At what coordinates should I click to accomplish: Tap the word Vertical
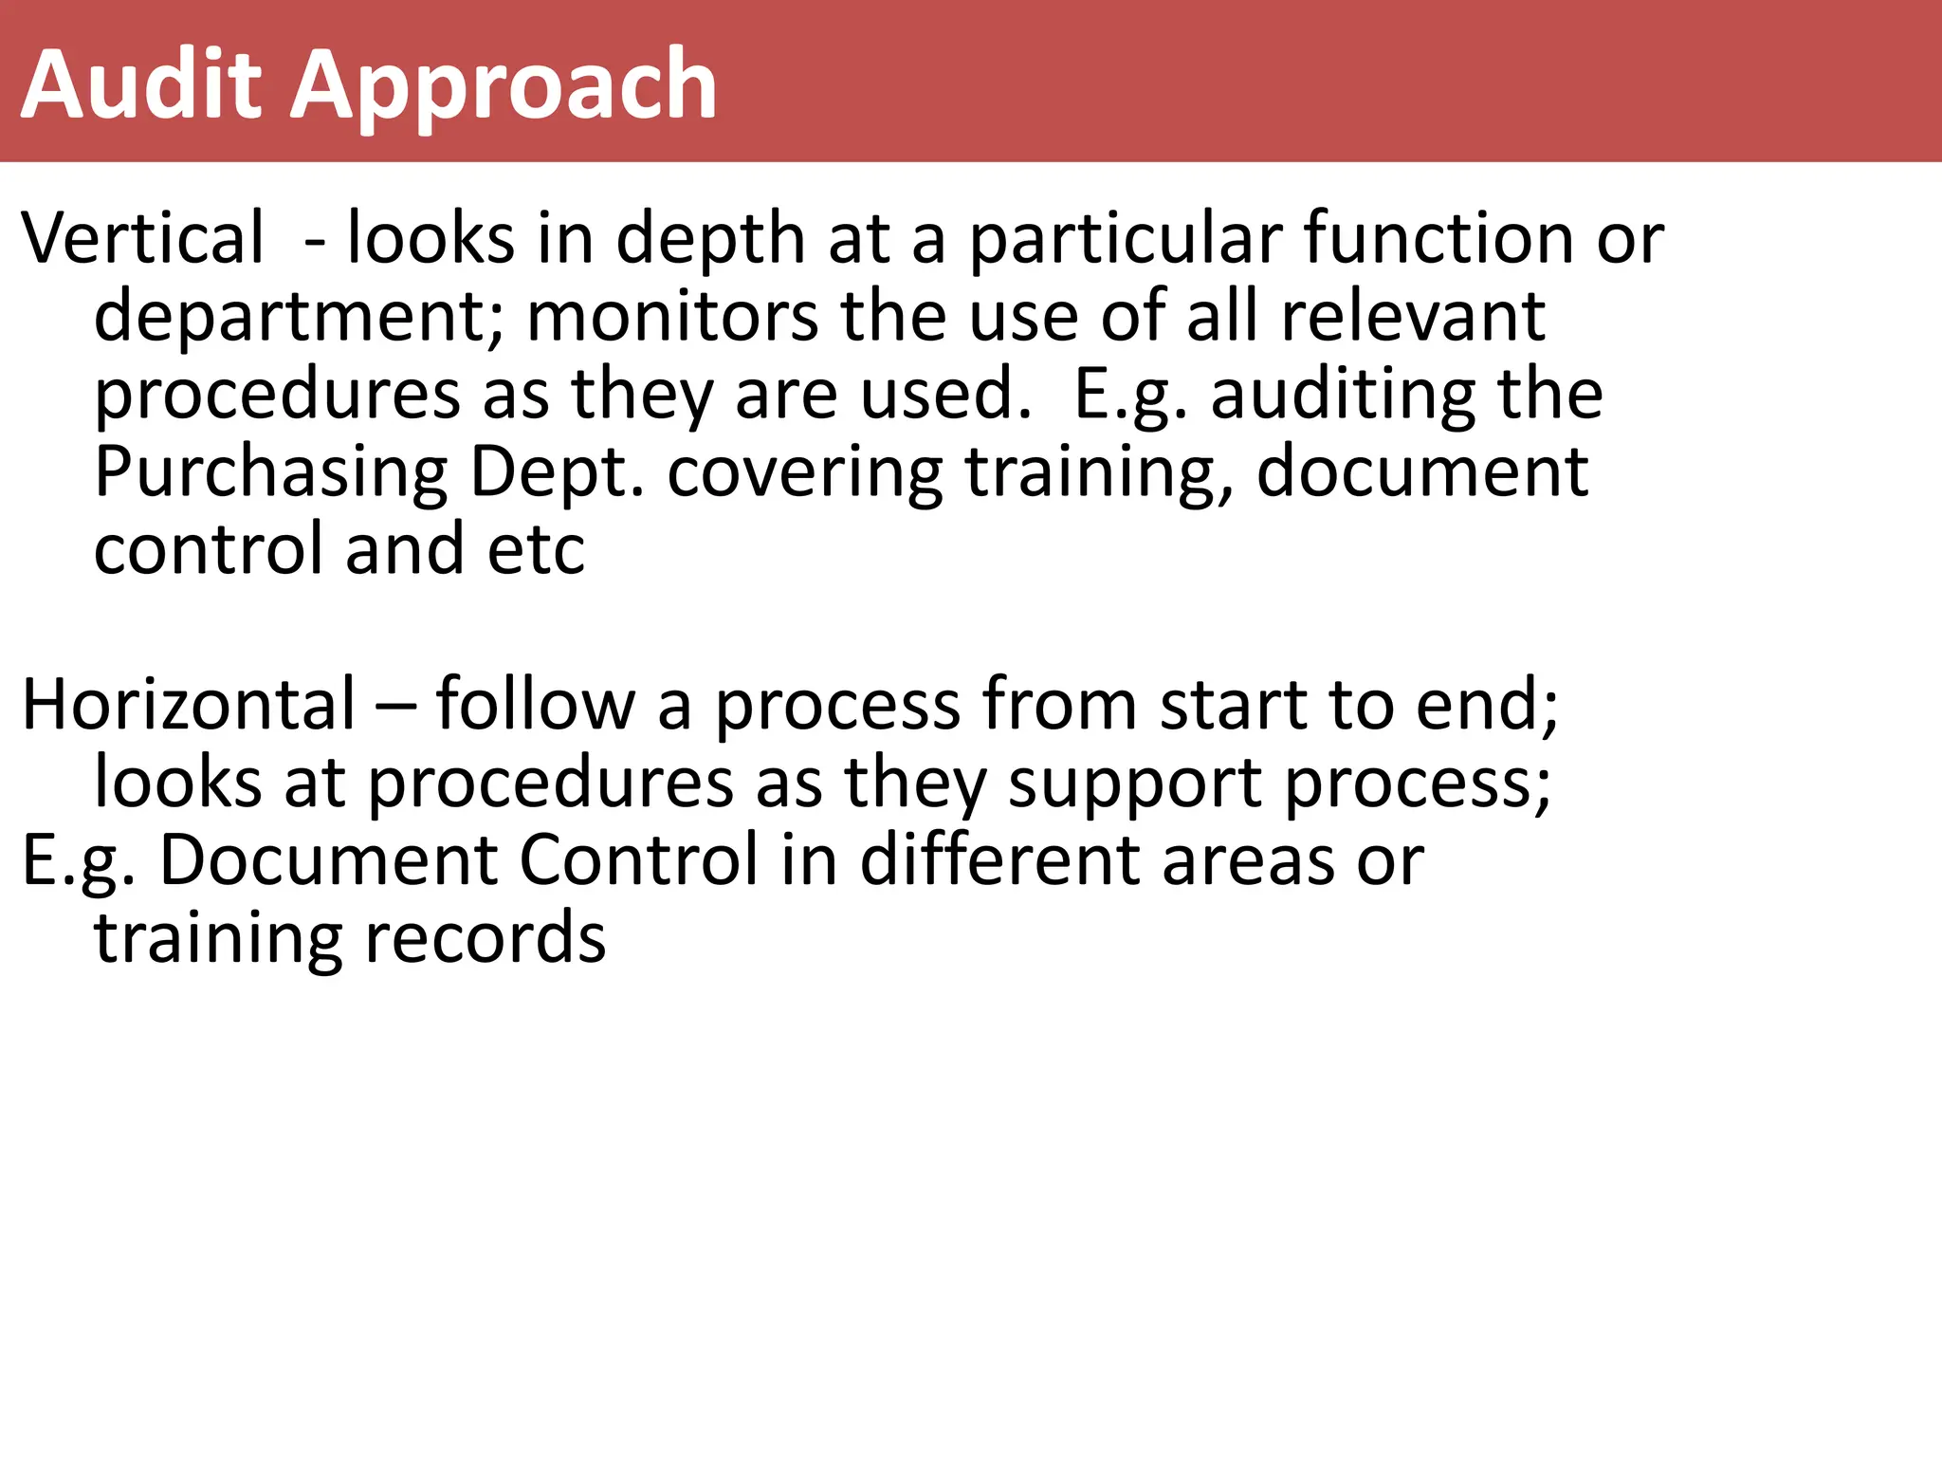pyautogui.click(x=143, y=238)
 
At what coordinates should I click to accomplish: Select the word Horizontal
pyautogui.click(x=189, y=705)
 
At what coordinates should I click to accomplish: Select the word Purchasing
pyautogui.click(x=271, y=473)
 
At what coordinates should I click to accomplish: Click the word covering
pyautogui.click(x=805, y=473)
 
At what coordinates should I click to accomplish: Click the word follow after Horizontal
pyautogui.click(x=535, y=705)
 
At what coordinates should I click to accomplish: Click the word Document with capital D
pyautogui.click(x=328, y=860)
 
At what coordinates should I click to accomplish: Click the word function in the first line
pyautogui.click(x=1438, y=238)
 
